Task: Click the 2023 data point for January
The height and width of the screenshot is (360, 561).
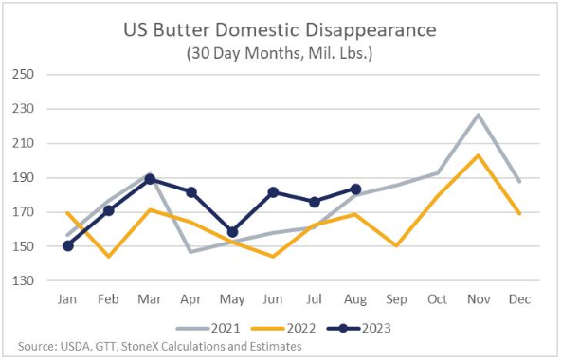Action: pos(68,246)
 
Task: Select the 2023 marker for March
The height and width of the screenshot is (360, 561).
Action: pos(151,179)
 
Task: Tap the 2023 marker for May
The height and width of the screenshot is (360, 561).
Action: pos(232,232)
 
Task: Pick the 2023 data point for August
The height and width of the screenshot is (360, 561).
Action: pos(355,189)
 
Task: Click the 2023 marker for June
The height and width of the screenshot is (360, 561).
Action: pos(273,192)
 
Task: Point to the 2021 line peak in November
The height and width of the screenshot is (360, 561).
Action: pos(479,115)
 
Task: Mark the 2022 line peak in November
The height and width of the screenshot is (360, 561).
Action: pos(479,155)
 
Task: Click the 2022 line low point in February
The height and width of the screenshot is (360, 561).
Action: pos(109,256)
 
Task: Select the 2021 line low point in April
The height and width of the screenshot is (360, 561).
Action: pos(191,252)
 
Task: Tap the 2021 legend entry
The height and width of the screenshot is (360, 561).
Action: pos(208,328)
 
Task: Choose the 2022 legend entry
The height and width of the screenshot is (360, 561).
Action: pos(283,328)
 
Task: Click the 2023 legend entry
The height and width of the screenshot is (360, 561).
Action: pos(359,328)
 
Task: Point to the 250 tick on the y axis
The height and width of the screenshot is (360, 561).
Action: pos(24,75)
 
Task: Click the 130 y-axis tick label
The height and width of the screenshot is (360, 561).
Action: pos(24,280)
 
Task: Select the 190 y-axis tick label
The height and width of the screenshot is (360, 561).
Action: pos(24,178)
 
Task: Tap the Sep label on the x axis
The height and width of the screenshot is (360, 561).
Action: pos(396,299)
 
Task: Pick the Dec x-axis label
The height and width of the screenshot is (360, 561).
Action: pos(519,298)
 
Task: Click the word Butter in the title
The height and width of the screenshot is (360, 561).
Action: pos(181,30)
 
